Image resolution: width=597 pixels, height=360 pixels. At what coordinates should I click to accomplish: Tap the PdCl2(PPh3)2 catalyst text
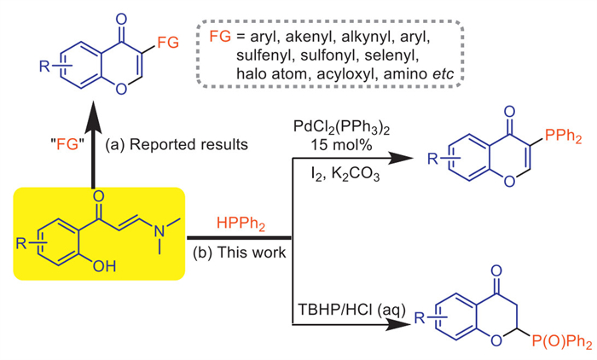340,127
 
